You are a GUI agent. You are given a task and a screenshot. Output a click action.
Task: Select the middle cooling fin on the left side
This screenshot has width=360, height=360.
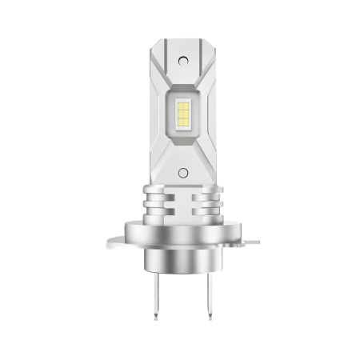pos(157,206)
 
